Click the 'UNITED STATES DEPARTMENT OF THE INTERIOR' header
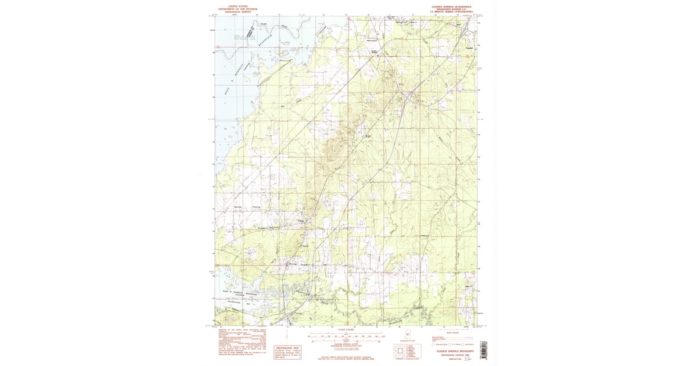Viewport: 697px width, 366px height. (x=238, y=8)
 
